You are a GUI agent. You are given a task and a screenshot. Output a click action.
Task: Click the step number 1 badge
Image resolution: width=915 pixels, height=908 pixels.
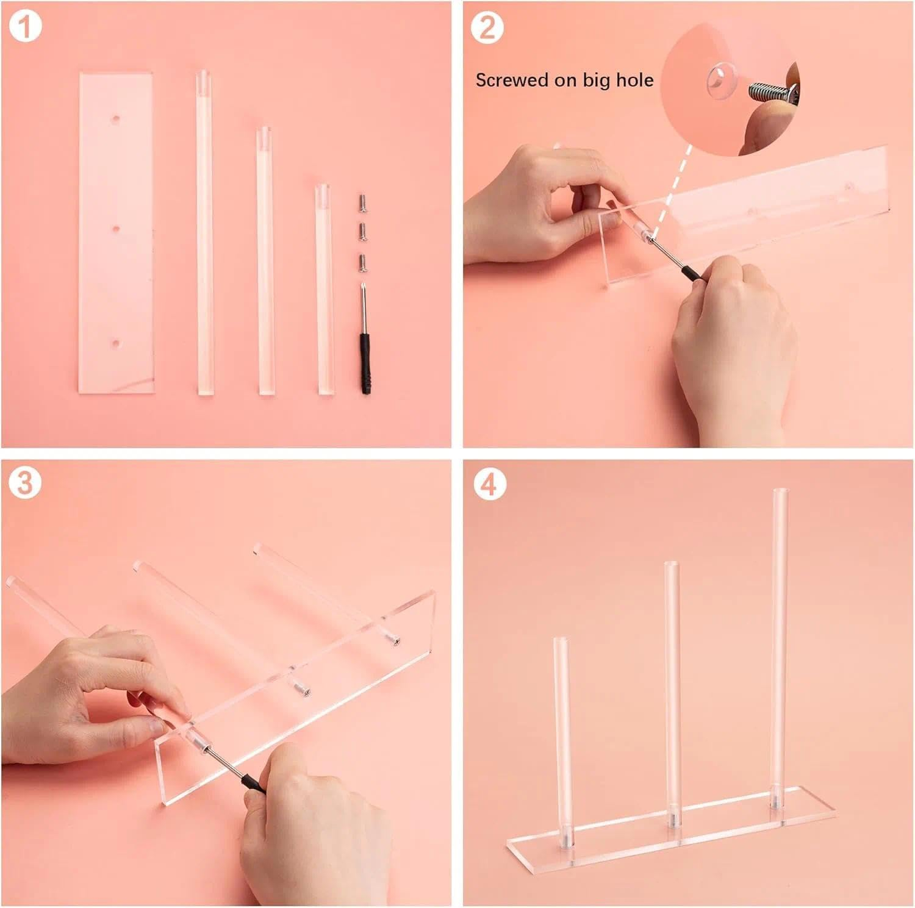point(25,27)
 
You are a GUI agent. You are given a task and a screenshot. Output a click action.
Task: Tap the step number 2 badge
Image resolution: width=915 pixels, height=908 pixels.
point(487,27)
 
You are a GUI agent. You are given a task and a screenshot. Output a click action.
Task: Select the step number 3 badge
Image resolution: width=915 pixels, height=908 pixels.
point(25,483)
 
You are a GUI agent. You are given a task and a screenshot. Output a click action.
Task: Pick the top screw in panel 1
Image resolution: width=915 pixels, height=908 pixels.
point(362,202)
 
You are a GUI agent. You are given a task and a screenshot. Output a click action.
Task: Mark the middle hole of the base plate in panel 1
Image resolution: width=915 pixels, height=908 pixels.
point(116,229)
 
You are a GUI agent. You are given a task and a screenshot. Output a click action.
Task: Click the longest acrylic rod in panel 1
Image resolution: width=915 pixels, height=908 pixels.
point(204,232)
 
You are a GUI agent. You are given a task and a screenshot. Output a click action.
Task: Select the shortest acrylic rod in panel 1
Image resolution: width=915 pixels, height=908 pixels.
point(324,290)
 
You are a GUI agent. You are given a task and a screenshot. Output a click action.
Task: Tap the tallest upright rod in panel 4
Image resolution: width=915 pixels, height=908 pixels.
point(780,646)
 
